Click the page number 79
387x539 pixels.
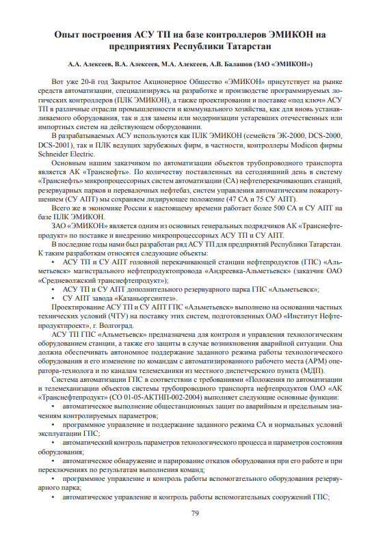194,514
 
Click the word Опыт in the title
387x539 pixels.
71,33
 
